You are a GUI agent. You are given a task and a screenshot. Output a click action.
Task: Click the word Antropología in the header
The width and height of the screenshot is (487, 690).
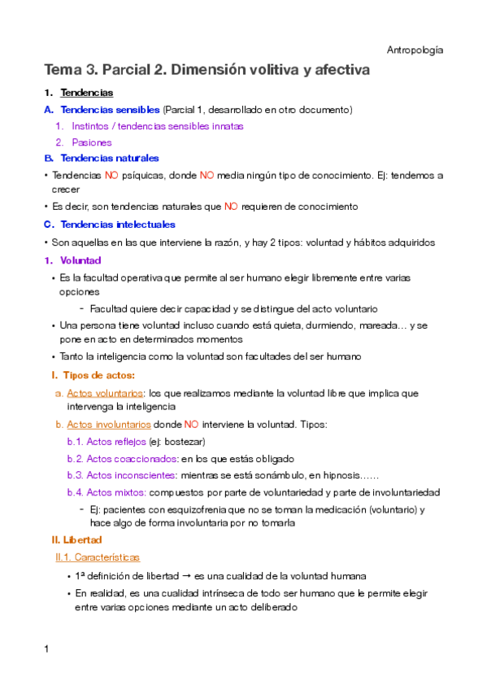pos(416,50)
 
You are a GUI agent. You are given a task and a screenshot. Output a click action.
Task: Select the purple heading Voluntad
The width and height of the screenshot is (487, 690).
pos(80,260)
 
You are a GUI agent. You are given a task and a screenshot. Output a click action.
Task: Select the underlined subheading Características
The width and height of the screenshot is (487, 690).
pos(102,558)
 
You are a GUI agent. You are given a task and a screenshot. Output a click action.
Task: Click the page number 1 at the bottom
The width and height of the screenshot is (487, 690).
pos(47,649)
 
